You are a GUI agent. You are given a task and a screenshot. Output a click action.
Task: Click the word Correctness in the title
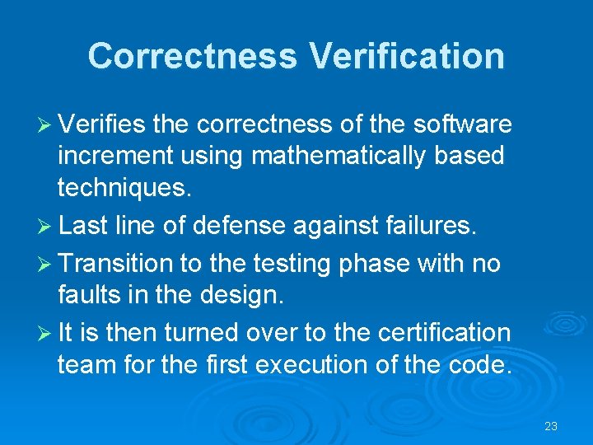click(193, 56)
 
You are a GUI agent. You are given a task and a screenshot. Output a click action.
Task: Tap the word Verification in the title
click(407, 56)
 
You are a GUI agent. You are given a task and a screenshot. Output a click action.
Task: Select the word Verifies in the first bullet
click(102, 124)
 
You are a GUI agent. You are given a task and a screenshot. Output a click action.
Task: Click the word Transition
click(115, 263)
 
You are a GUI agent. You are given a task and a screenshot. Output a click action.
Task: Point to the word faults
click(88, 294)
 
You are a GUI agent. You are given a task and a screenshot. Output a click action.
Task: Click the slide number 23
click(551, 426)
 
